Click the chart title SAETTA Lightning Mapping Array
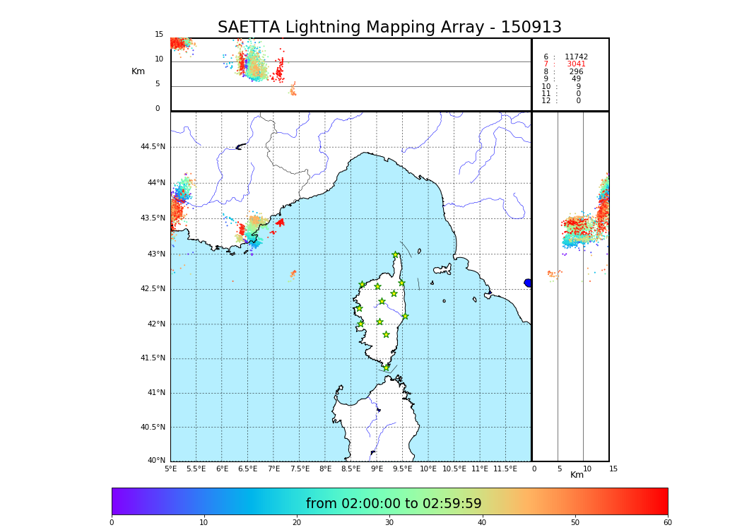(x=389, y=28)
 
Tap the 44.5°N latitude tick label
(x=153, y=147)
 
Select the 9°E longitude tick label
(x=377, y=469)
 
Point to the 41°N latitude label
(x=153, y=393)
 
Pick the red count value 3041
(x=576, y=64)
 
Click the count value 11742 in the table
(x=576, y=57)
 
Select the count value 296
(x=576, y=72)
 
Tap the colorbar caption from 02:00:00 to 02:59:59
(x=394, y=504)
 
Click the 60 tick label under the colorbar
(x=667, y=523)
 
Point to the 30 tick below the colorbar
(x=389, y=523)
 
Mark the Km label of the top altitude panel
(x=138, y=71)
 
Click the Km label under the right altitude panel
(x=577, y=475)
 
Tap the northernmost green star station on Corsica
(x=396, y=255)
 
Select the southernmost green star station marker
(x=386, y=367)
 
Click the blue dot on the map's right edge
(x=528, y=283)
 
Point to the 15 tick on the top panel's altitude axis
(x=159, y=35)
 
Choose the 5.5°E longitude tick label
(x=196, y=469)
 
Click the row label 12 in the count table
(x=546, y=101)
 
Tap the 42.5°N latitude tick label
(x=153, y=289)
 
